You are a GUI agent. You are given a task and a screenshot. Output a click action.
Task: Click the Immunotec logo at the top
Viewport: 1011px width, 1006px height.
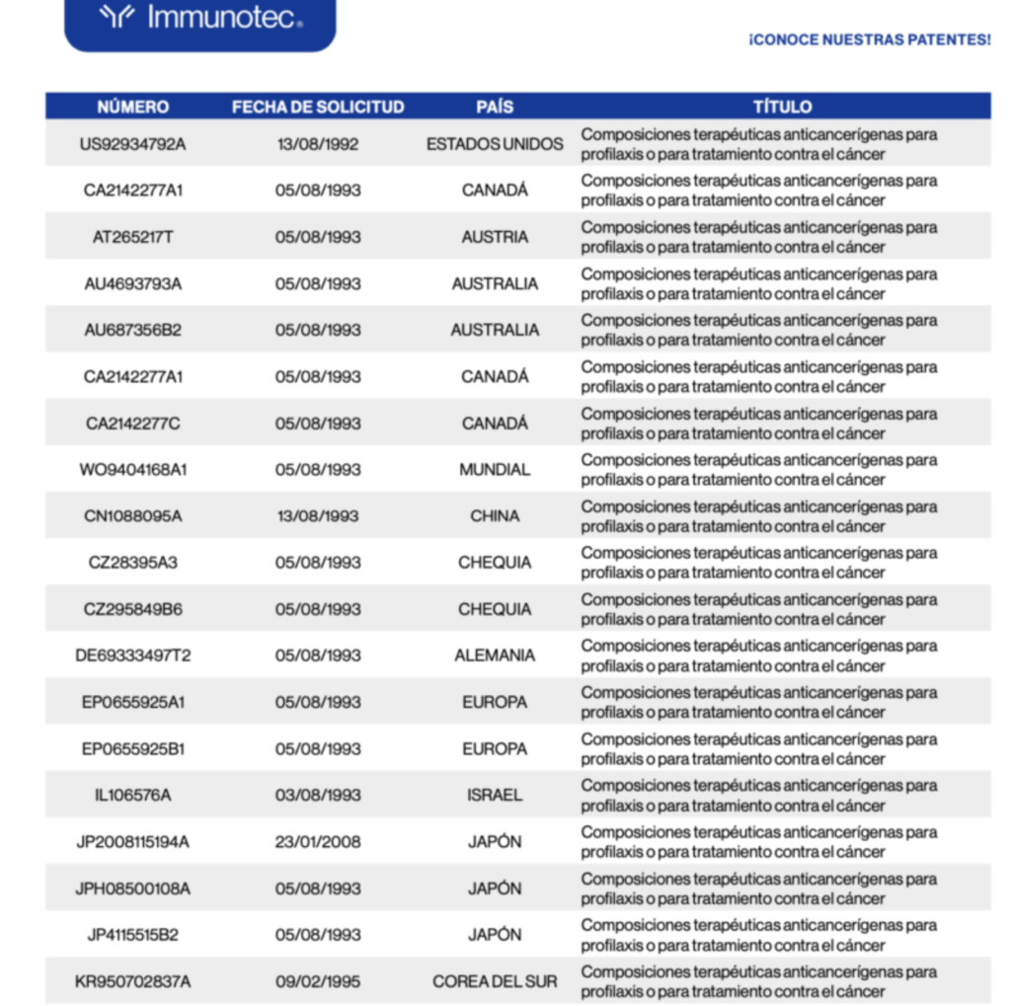(x=200, y=18)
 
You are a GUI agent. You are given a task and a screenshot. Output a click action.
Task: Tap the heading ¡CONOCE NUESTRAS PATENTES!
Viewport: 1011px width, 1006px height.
(x=869, y=40)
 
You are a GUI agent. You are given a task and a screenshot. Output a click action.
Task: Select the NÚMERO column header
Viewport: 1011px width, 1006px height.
(x=132, y=107)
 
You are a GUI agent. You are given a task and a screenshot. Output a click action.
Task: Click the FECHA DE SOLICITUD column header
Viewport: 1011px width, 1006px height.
(x=318, y=107)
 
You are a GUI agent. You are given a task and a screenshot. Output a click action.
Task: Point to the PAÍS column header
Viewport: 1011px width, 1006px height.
(x=495, y=107)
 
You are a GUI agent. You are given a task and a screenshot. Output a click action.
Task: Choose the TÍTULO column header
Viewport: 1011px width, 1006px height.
(x=783, y=107)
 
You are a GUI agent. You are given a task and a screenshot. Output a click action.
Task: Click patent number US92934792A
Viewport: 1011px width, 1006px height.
(x=132, y=144)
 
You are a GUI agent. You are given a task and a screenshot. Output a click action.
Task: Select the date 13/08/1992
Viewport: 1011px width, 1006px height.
(x=318, y=144)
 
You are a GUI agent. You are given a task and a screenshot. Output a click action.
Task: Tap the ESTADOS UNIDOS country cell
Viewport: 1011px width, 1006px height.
(x=495, y=144)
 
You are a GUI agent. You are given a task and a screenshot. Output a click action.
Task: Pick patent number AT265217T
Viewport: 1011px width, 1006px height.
(x=132, y=237)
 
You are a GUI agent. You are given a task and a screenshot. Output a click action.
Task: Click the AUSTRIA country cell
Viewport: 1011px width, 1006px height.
(x=495, y=237)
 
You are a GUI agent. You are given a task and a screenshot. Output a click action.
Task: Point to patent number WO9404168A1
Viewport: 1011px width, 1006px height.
(x=132, y=470)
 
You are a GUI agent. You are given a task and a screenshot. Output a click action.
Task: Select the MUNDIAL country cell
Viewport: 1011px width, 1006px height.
(x=495, y=470)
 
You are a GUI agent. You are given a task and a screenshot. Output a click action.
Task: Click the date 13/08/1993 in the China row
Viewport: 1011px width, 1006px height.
(x=318, y=516)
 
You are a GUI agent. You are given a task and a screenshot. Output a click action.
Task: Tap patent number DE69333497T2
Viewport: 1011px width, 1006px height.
(x=132, y=656)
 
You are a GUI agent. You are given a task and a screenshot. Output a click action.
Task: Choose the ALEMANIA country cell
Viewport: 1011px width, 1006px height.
(x=495, y=656)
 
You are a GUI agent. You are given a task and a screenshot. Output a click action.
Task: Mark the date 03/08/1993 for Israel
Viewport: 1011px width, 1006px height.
(x=318, y=795)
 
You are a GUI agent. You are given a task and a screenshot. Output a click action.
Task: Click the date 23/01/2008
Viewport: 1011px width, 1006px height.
(x=318, y=842)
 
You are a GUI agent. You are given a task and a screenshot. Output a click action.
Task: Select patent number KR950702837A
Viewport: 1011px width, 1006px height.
(x=132, y=981)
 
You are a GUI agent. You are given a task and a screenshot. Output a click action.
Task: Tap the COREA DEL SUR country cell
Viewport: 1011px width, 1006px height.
(x=495, y=981)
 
